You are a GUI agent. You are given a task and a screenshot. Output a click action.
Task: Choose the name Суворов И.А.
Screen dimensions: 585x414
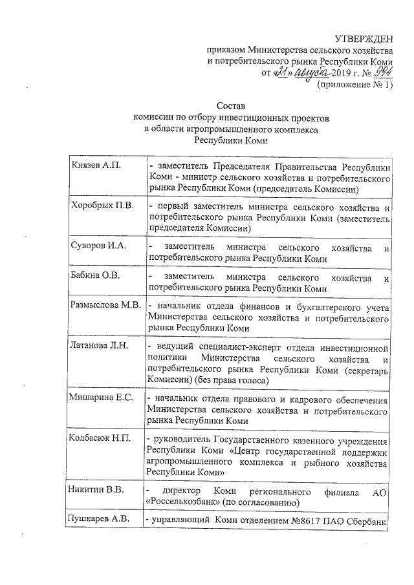click(x=97, y=246)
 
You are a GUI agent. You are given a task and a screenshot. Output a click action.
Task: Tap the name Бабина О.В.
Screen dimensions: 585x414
click(x=95, y=277)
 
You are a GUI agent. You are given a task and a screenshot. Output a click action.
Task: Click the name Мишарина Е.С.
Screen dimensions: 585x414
click(x=100, y=397)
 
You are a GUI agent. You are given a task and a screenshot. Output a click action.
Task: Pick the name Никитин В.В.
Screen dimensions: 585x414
click(x=97, y=489)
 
